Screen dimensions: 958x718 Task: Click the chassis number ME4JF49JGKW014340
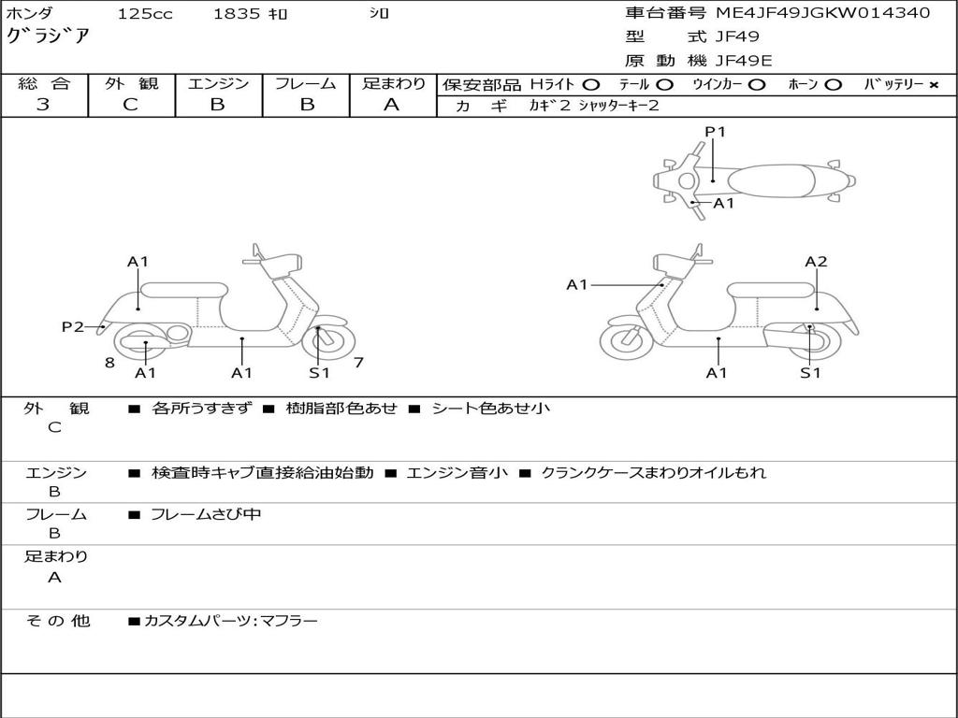click(x=822, y=13)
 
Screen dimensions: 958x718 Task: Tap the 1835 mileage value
click(x=238, y=14)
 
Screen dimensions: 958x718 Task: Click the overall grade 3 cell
click(x=43, y=105)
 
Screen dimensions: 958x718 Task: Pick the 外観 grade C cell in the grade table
click(x=131, y=105)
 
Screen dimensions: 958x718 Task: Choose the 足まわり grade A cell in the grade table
click(x=392, y=105)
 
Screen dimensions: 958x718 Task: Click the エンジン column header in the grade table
click(x=218, y=83)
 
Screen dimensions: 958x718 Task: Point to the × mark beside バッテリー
click(x=933, y=84)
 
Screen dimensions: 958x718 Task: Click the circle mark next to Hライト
click(x=591, y=84)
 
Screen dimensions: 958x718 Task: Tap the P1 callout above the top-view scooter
click(x=715, y=132)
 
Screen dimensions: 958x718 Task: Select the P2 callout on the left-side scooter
click(x=72, y=326)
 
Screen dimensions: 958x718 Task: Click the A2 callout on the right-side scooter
click(x=816, y=262)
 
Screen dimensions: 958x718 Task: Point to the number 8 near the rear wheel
click(x=109, y=363)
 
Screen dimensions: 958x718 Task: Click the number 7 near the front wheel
click(x=359, y=362)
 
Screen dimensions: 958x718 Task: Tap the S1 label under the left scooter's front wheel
click(x=319, y=373)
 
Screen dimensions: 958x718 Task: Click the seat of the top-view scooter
click(x=771, y=179)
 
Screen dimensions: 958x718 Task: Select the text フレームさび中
click(x=206, y=514)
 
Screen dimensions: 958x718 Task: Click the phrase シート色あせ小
click(x=490, y=409)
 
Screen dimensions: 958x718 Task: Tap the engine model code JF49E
click(x=744, y=61)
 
